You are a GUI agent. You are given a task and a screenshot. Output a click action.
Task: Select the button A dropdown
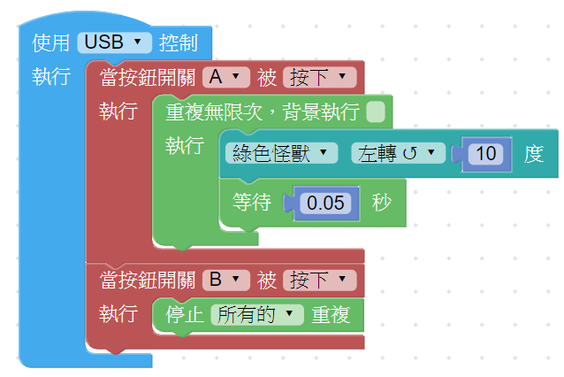(225, 77)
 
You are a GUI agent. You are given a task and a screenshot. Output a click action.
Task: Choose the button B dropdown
(225, 281)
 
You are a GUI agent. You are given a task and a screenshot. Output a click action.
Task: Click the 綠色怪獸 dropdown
(280, 153)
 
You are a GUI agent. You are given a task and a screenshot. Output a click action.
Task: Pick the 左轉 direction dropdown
(398, 153)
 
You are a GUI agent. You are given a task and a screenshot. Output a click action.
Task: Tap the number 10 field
(485, 154)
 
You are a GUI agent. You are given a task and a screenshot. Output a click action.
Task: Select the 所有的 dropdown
(257, 315)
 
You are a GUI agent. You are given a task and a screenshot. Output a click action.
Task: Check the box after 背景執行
(376, 112)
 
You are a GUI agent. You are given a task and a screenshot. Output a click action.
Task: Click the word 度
(533, 154)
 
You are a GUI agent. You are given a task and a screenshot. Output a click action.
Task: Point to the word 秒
(382, 203)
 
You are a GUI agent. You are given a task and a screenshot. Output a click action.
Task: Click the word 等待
(251, 203)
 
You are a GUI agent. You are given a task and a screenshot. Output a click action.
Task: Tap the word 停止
(185, 315)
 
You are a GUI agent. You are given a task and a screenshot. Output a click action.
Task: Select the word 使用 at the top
(51, 42)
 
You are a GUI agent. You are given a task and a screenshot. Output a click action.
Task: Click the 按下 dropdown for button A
(319, 77)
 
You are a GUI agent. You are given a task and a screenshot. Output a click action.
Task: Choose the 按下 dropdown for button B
(319, 281)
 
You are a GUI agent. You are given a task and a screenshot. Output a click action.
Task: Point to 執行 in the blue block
(51, 77)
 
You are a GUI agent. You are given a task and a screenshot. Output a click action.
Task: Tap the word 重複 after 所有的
(332, 315)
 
